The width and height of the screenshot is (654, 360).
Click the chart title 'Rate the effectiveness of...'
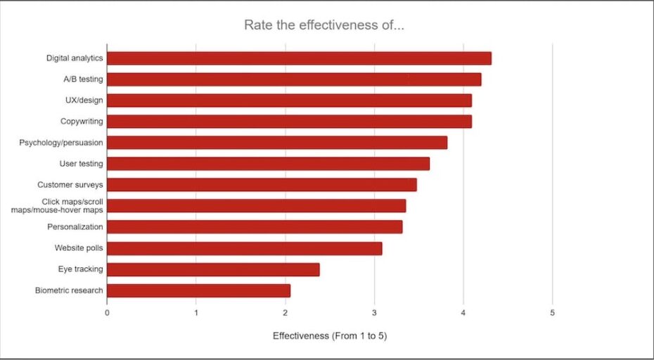click(323, 25)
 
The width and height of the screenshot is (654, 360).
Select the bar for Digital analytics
click(299, 58)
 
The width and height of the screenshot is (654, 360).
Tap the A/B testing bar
click(294, 79)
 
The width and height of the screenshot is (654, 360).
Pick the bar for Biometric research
click(198, 290)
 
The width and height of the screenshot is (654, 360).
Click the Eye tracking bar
click(213, 269)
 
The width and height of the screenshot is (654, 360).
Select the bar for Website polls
click(244, 248)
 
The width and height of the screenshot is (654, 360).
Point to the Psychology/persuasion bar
click(277, 143)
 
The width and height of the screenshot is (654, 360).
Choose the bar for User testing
click(268, 164)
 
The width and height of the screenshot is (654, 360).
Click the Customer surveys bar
click(262, 185)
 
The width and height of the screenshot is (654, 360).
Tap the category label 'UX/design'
click(85, 101)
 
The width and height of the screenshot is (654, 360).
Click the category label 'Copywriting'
click(82, 122)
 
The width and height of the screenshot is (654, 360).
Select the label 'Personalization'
click(75, 227)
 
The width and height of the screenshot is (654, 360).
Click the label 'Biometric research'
click(69, 290)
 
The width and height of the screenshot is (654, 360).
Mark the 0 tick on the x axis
click(107, 312)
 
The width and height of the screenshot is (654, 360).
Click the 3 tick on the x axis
click(374, 312)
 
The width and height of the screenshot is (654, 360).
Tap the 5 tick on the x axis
click(552, 312)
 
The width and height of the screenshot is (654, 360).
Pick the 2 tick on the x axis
click(285, 312)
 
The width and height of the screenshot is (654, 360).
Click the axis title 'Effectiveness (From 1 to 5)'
click(330, 336)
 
